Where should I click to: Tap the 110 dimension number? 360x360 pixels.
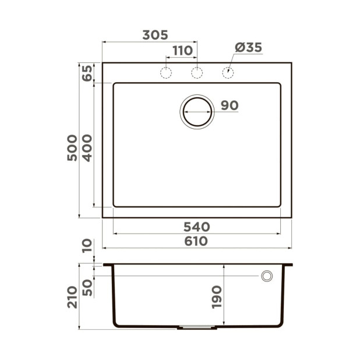[x=182, y=51]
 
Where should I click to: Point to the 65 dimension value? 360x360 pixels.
[x=87, y=73]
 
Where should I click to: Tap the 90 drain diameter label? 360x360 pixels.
[x=230, y=105]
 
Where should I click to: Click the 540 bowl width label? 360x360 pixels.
[x=196, y=227]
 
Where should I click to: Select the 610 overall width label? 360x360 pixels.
[x=196, y=241]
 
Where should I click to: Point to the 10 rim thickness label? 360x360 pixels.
[x=87, y=245]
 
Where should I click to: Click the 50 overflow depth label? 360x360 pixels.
[x=87, y=287]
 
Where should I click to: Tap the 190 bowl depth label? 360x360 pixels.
[x=216, y=297]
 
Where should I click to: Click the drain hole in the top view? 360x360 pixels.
[x=197, y=111]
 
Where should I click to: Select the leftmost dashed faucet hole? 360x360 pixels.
[x=166, y=73]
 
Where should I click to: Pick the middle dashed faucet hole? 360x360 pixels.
[x=197, y=73]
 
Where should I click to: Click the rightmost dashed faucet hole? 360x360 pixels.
[x=228, y=73]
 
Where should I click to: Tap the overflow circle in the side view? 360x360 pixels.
[x=267, y=276]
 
